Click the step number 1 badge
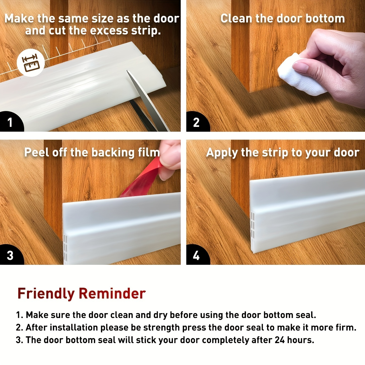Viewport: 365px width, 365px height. [x=10, y=122]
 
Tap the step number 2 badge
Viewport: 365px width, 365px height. [x=196, y=122]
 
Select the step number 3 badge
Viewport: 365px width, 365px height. [x=10, y=255]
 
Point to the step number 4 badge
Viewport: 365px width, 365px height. [x=196, y=255]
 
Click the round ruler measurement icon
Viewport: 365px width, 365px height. [x=31, y=62]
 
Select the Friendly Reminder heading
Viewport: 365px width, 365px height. [x=81, y=294]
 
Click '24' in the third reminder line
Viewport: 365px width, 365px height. [x=280, y=340]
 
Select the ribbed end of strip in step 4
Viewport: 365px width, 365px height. [x=252, y=232]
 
